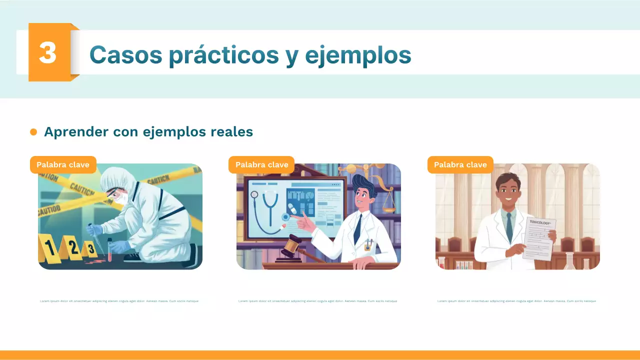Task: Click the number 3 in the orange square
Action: pyautogui.click(x=47, y=52)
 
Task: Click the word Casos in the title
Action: pyautogui.click(x=125, y=54)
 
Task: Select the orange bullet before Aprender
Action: pyautogui.click(x=33, y=132)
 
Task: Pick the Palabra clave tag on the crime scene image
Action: pyautogui.click(x=63, y=164)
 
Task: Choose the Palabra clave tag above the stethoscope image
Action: pyautogui.click(x=261, y=164)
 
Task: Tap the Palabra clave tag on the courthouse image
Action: pyautogui.click(x=460, y=164)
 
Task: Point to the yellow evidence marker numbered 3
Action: pyautogui.click(x=90, y=248)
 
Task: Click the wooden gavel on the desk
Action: pyautogui.click(x=291, y=247)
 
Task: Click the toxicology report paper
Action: pyautogui.click(x=538, y=239)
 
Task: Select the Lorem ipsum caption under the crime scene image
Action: pyautogui.click(x=119, y=301)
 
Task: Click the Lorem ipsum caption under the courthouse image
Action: pyautogui.click(x=516, y=301)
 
